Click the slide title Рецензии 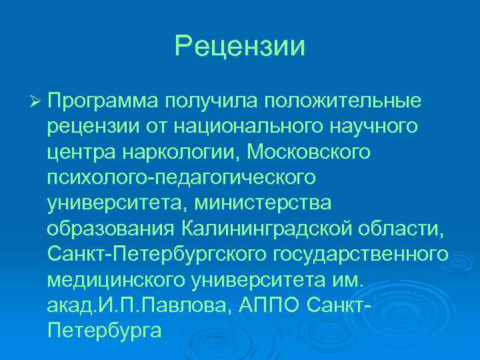pyautogui.click(x=240, y=47)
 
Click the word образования pyautogui.click(x=109, y=229)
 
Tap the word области pyautogui.click(x=407, y=229)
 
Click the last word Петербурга pyautogui.click(x=105, y=330)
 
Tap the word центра pyautogui.click(x=81, y=152)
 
